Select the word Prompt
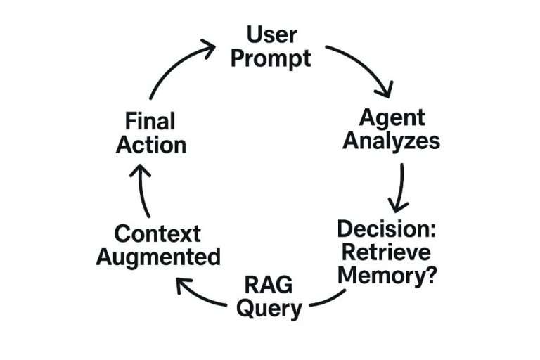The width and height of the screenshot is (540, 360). click(270, 58)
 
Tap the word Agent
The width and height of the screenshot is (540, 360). click(392, 117)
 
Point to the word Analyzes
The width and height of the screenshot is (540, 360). click(393, 141)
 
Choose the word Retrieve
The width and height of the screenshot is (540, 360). click(385, 252)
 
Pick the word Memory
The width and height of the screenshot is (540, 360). click(378, 275)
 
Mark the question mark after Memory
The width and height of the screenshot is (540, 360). click(427, 275)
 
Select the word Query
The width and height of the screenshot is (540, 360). click(269, 308)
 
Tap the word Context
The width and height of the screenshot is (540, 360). click(157, 233)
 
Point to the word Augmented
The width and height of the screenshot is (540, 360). click(157, 257)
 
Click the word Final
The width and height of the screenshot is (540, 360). click(150, 120)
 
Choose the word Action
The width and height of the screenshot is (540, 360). click(151, 144)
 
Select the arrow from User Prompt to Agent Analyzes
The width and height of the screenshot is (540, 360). click(362, 67)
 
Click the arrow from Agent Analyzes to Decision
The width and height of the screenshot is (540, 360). click(400, 186)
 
